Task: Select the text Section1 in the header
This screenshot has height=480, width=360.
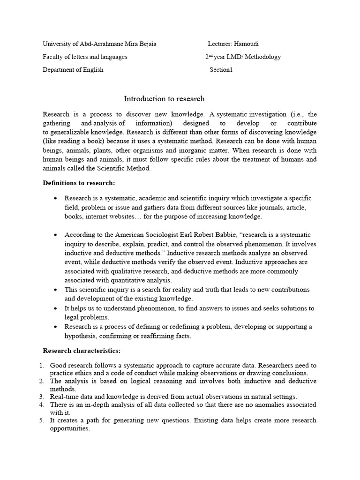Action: click(221, 70)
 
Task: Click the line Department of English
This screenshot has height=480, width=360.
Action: click(73, 70)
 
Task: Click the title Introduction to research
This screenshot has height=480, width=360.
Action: click(164, 98)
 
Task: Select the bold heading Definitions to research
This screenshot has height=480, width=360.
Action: click(79, 182)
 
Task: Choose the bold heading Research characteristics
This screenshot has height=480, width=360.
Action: click(82, 350)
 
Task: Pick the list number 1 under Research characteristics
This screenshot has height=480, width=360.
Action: click(41, 365)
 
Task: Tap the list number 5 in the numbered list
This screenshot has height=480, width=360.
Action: click(41, 420)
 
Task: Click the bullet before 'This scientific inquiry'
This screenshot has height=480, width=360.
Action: click(55, 290)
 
